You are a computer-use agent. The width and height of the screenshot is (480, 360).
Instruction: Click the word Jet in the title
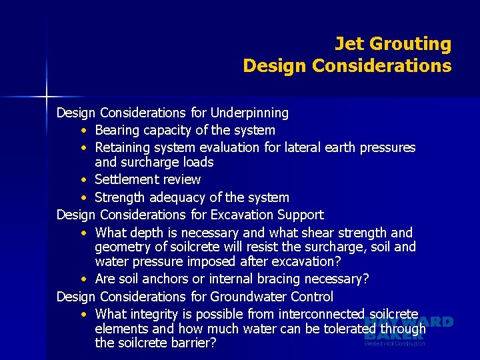point(349,44)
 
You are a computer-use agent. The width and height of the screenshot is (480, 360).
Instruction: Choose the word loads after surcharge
point(198,162)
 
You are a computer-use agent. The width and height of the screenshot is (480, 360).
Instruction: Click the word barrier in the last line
point(191,344)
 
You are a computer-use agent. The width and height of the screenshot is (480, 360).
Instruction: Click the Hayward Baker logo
point(408,330)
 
